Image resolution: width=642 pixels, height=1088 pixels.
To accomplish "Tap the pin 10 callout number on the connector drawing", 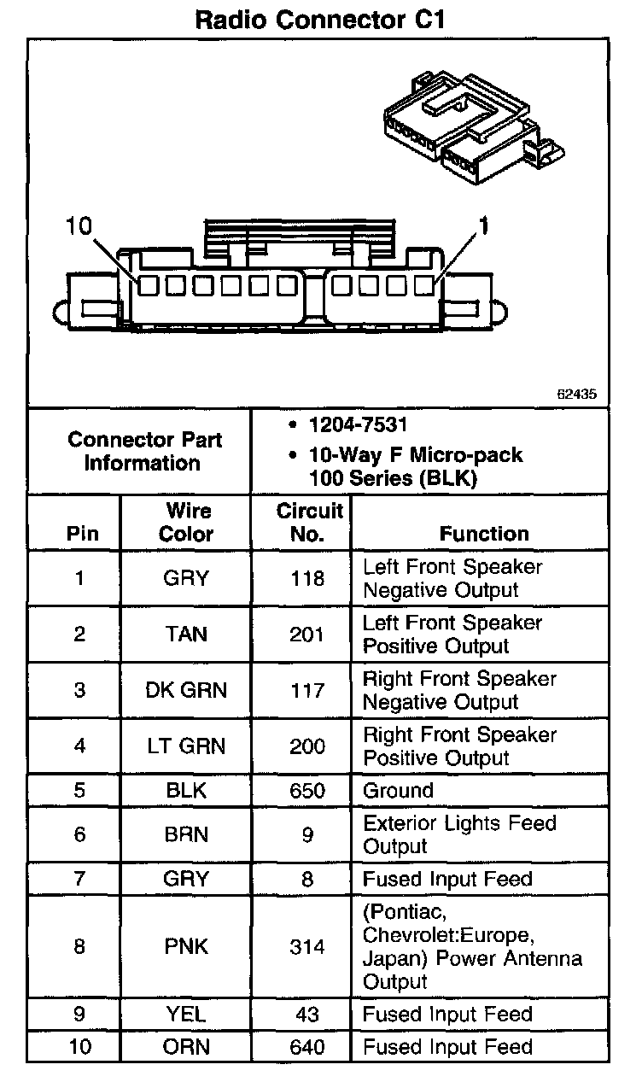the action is (78, 225).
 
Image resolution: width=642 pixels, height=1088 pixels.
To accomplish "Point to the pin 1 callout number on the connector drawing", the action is (483, 225).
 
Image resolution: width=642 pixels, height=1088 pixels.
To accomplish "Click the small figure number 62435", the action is (576, 395).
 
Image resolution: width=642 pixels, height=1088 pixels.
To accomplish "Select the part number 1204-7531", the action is (359, 425).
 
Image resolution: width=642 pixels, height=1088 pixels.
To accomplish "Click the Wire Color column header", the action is (187, 523).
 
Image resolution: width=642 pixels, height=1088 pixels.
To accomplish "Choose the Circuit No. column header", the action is (308, 523).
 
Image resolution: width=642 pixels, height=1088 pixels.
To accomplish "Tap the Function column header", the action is (484, 534).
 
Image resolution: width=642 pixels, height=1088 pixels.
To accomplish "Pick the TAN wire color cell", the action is (186, 635).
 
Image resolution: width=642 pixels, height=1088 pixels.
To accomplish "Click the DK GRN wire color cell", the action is (186, 690).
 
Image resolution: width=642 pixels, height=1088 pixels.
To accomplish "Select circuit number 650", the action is (307, 790).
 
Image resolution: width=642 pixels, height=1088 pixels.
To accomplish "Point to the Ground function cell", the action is (398, 790).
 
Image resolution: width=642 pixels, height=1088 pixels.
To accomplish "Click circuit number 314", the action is (307, 947).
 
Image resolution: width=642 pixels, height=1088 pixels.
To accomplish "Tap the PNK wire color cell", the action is (186, 947).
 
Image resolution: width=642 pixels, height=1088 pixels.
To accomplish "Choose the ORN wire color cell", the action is (186, 1047).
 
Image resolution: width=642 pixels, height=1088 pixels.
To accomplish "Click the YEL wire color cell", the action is (186, 1015).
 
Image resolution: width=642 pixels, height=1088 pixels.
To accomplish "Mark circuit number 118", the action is (307, 578).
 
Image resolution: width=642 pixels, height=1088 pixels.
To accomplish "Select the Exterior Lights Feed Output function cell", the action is (459, 834).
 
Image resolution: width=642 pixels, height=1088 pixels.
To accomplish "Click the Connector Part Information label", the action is (144, 451).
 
